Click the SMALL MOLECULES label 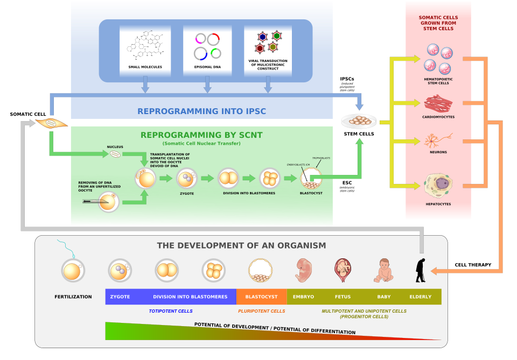pos(145,67)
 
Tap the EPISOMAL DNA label pos(207,67)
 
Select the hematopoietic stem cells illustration pos(438,59)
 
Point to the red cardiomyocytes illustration pos(438,103)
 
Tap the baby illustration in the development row pos(383,271)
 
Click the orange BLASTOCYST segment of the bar pos(261,297)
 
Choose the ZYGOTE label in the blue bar pos(120,297)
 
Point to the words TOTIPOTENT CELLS pos(171,311)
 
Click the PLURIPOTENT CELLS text pos(262,311)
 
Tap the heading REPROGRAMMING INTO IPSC pos(201,111)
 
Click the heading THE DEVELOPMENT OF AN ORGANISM pos(241,245)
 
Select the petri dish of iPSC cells pos(359,121)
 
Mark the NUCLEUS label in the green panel pos(115,147)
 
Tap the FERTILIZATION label pos(73,297)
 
